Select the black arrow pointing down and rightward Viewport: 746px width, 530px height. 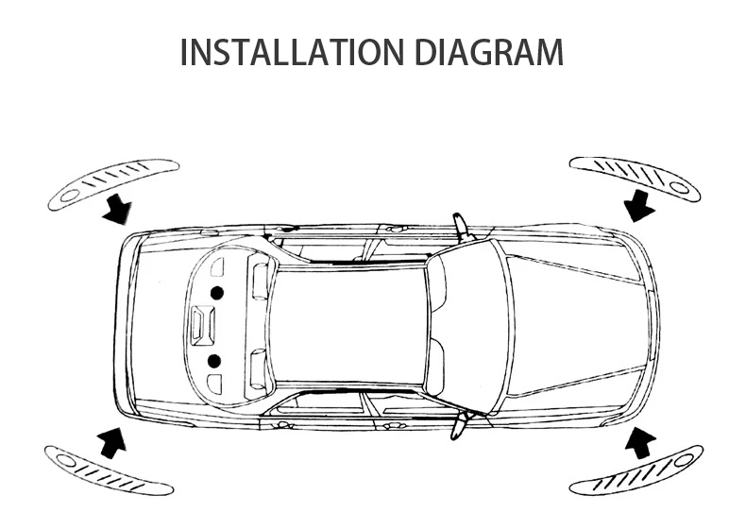pyautogui.click(x=119, y=209)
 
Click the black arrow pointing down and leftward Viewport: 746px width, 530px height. pyautogui.click(x=641, y=203)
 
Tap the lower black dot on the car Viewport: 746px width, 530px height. pyautogui.click(x=215, y=360)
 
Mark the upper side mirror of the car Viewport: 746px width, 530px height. pyautogui.click(x=460, y=226)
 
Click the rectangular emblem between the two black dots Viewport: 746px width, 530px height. pyautogui.click(x=200, y=325)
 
